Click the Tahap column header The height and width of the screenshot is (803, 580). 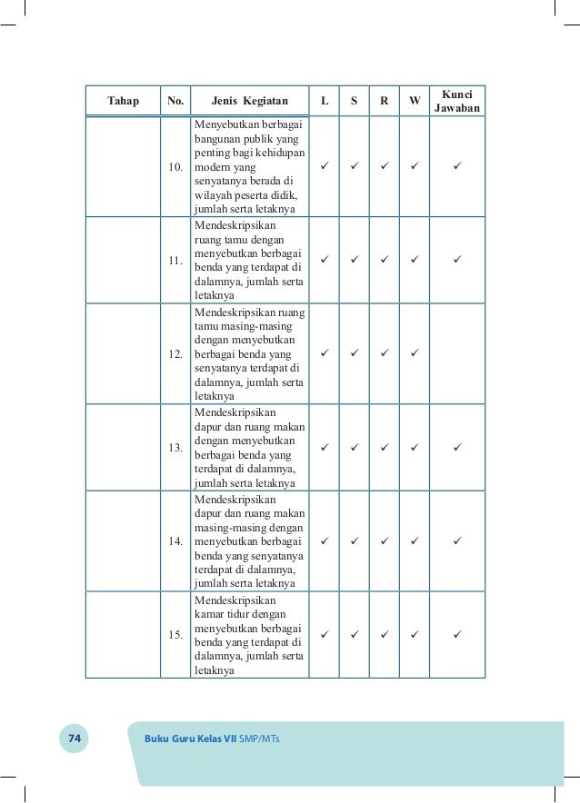[x=123, y=101]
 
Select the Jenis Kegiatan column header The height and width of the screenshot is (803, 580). [x=249, y=101]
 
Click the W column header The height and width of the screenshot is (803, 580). [x=415, y=101]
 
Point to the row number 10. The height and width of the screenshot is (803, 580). [x=175, y=168]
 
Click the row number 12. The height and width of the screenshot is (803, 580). [x=175, y=353]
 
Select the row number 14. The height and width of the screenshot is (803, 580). [x=175, y=541]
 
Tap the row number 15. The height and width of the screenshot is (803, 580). [x=175, y=634]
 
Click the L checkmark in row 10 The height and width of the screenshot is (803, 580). [x=325, y=167]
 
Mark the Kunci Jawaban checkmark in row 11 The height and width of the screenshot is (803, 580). [x=457, y=261]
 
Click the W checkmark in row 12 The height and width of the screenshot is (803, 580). [x=415, y=353]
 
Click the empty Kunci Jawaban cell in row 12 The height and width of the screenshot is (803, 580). [x=457, y=353]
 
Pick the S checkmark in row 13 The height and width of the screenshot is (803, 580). [x=355, y=447]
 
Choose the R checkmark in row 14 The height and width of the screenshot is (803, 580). [x=385, y=540]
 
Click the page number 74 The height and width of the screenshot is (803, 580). [x=75, y=739]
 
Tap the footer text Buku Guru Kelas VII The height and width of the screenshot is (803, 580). [x=190, y=739]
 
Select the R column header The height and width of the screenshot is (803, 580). [x=385, y=101]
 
